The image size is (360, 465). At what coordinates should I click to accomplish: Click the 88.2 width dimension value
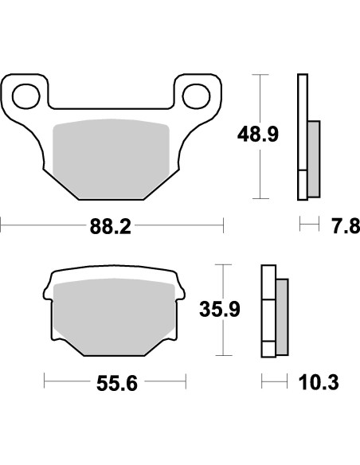tap(112, 227)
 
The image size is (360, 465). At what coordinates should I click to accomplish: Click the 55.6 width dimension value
tap(116, 384)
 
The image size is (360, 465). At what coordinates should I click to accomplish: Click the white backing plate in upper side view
tap(302, 135)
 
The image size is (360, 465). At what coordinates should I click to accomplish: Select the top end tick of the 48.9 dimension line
tap(258, 74)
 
